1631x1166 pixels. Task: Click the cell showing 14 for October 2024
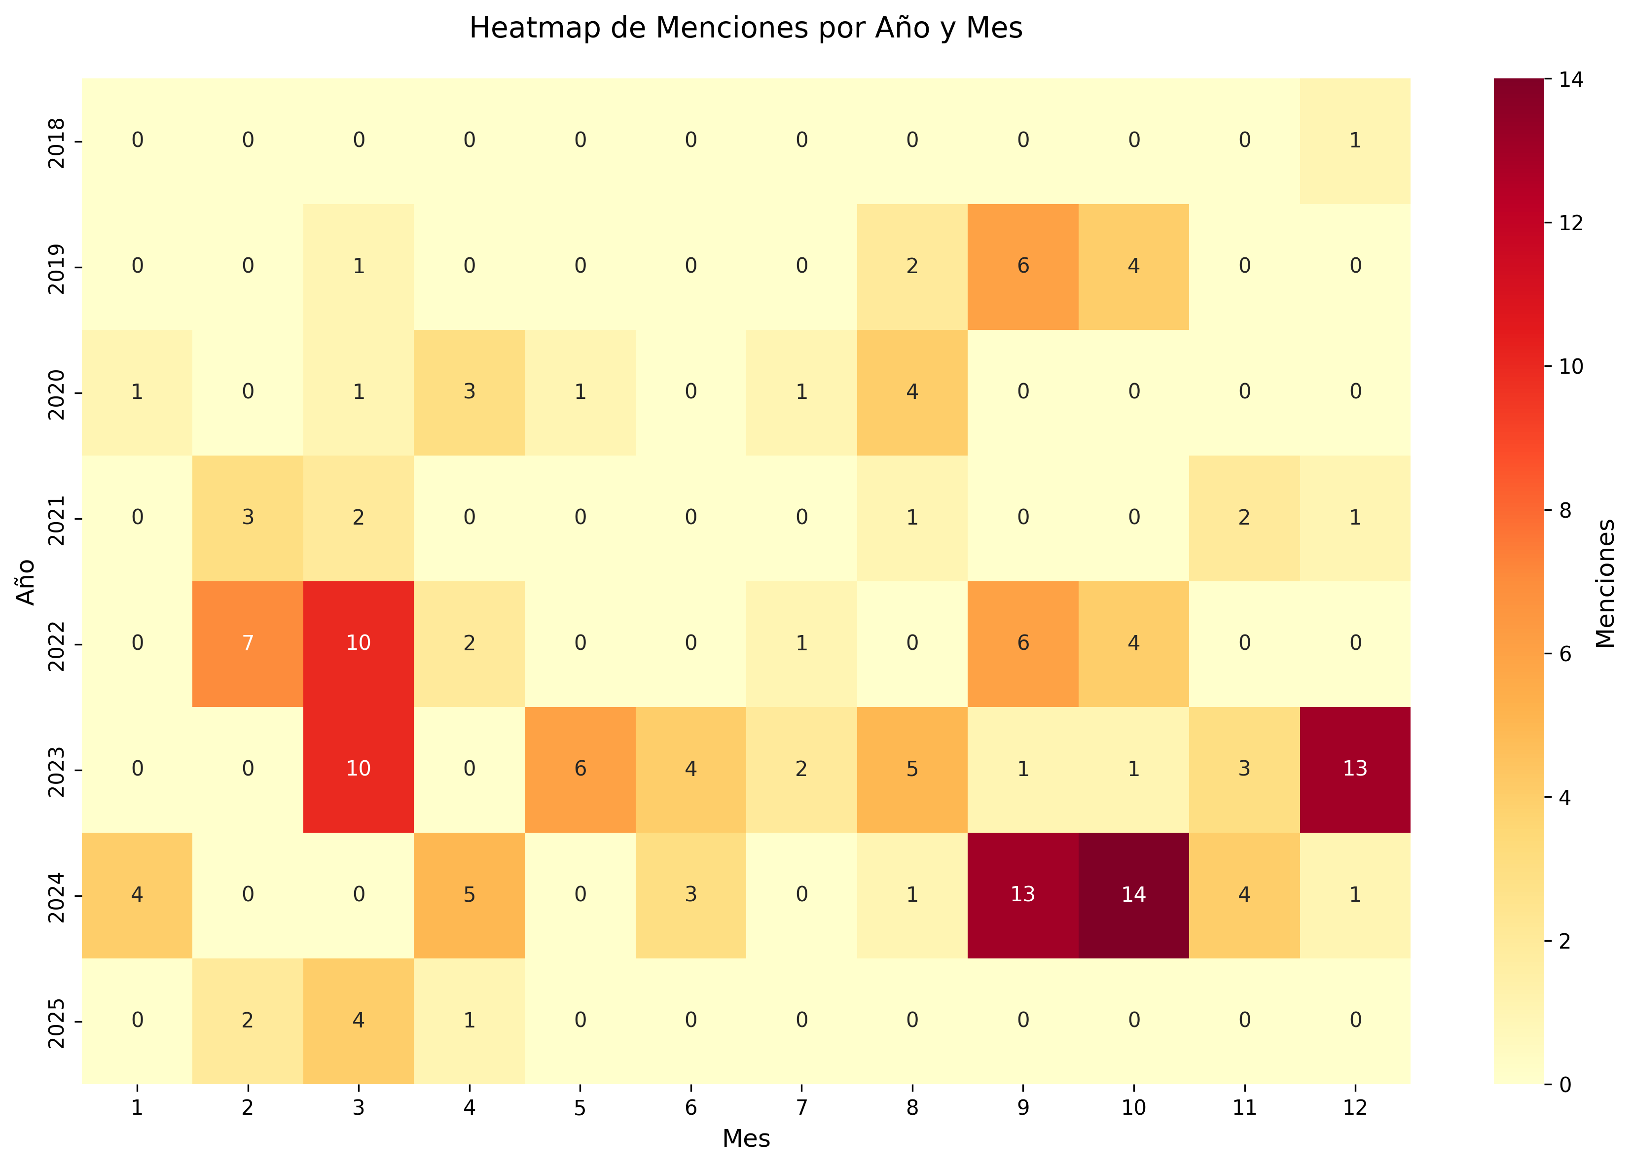tap(1133, 895)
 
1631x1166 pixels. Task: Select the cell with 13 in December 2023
tap(1354, 769)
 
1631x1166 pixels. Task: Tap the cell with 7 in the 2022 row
tap(248, 643)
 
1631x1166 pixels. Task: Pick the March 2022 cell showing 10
tap(359, 643)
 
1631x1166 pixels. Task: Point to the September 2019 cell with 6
tap(1023, 266)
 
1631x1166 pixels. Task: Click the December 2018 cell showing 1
tap(1354, 140)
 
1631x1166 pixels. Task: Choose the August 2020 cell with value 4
tap(912, 392)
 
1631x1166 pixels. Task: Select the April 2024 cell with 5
tap(469, 895)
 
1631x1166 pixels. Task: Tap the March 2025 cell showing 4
tap(359, 1020)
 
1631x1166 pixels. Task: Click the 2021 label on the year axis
tap(57, 518)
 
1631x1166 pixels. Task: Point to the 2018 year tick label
tap(57, 141)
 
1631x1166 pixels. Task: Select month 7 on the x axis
tap(801, 1108)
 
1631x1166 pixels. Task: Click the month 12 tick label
tap(1354, 1108)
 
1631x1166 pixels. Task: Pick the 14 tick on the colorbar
tap(1571, 80)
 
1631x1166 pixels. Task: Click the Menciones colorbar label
tap(1605, 583)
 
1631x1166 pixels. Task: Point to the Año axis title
tap(25, 582)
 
